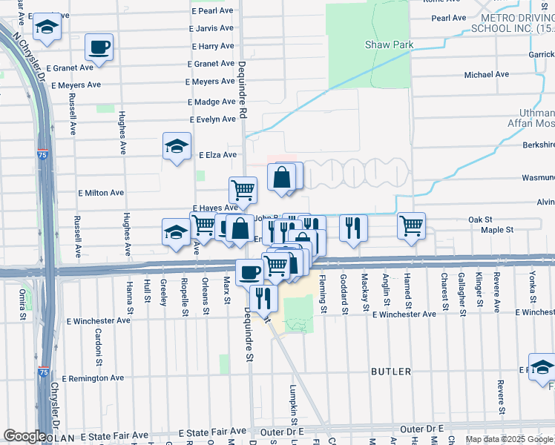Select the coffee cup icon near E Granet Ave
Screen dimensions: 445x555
99,48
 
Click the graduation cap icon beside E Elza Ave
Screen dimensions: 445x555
177,146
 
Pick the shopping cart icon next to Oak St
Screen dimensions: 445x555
411,226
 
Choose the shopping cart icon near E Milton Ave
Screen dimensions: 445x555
243,191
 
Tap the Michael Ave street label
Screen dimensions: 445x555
486,75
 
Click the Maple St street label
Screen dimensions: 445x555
496,230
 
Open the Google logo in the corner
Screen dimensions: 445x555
24,436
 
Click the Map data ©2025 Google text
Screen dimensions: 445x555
509,439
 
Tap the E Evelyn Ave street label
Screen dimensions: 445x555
212,119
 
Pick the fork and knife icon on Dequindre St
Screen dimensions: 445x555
262,298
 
